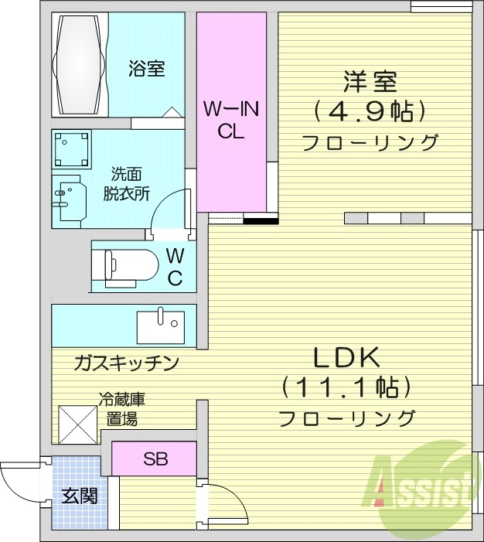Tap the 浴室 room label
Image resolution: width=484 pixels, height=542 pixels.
click(146, 68)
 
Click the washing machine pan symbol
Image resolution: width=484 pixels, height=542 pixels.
click(72, 149)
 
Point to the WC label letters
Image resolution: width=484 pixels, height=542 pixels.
click(175, 267)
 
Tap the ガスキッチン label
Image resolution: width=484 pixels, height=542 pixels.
click(127, 362)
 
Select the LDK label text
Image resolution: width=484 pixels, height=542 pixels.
click(346, 357)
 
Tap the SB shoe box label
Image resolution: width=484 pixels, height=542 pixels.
click(155, 459)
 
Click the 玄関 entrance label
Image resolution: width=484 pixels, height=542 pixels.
click(80, 496)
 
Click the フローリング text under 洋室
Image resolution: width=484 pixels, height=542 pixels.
click(370, 143)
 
